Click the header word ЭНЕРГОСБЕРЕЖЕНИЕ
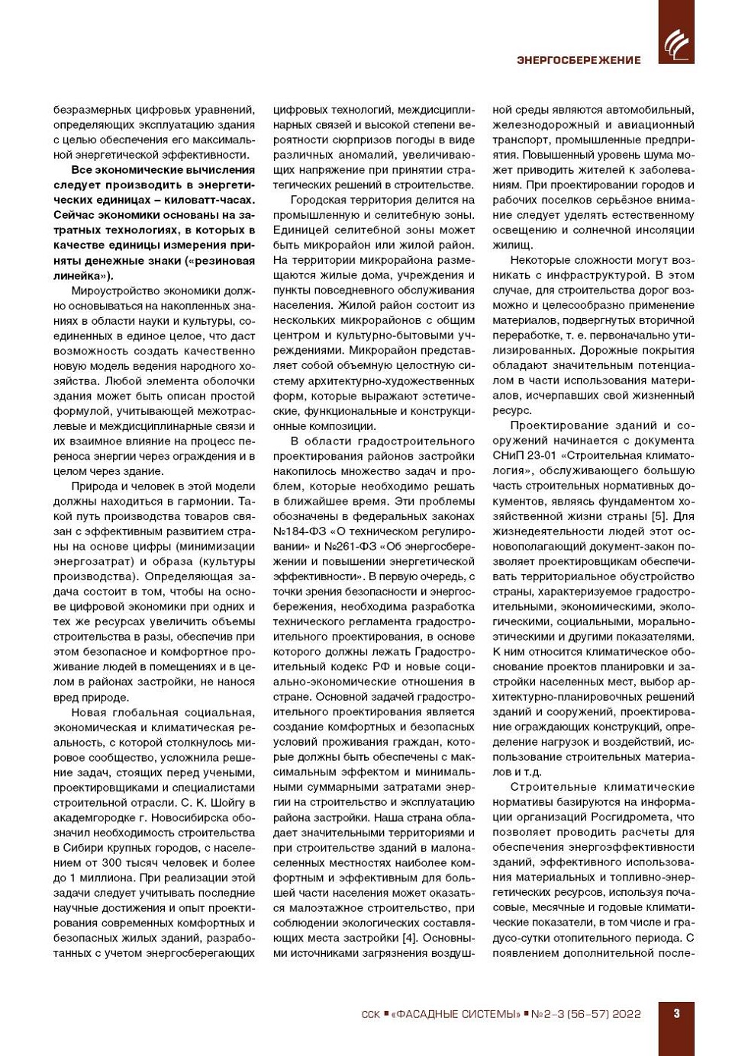(x=579, y=60)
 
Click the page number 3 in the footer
(x=676, y=1013)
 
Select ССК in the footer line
(x=370, y=1014)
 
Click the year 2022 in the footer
(x=626, y=1014)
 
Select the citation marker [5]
(x=658, y=516)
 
